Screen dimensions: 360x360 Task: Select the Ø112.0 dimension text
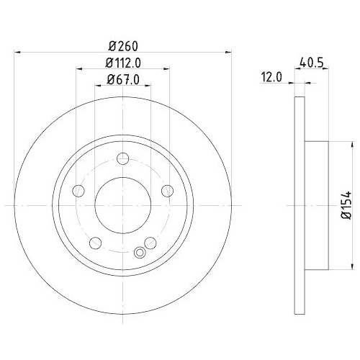(x=122, y=62)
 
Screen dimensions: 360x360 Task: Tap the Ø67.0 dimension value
(x=122, y=81)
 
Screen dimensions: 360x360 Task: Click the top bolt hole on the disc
(x=123, y=159)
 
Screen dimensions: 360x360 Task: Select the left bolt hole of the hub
(x=78, y=191)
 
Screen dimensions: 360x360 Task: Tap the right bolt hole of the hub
(x=167, y=191)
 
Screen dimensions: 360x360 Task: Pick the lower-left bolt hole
(x=96, y=243)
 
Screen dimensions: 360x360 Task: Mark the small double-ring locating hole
(x=140, y=252)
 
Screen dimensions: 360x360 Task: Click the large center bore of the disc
(x=123, y=205)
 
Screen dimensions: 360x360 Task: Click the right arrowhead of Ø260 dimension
(x=228, y=51)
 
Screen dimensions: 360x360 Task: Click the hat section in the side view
(x=317, y=204)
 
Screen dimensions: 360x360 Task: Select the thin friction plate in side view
(x=301, y=204)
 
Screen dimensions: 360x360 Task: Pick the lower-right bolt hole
(x=150, y=243)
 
